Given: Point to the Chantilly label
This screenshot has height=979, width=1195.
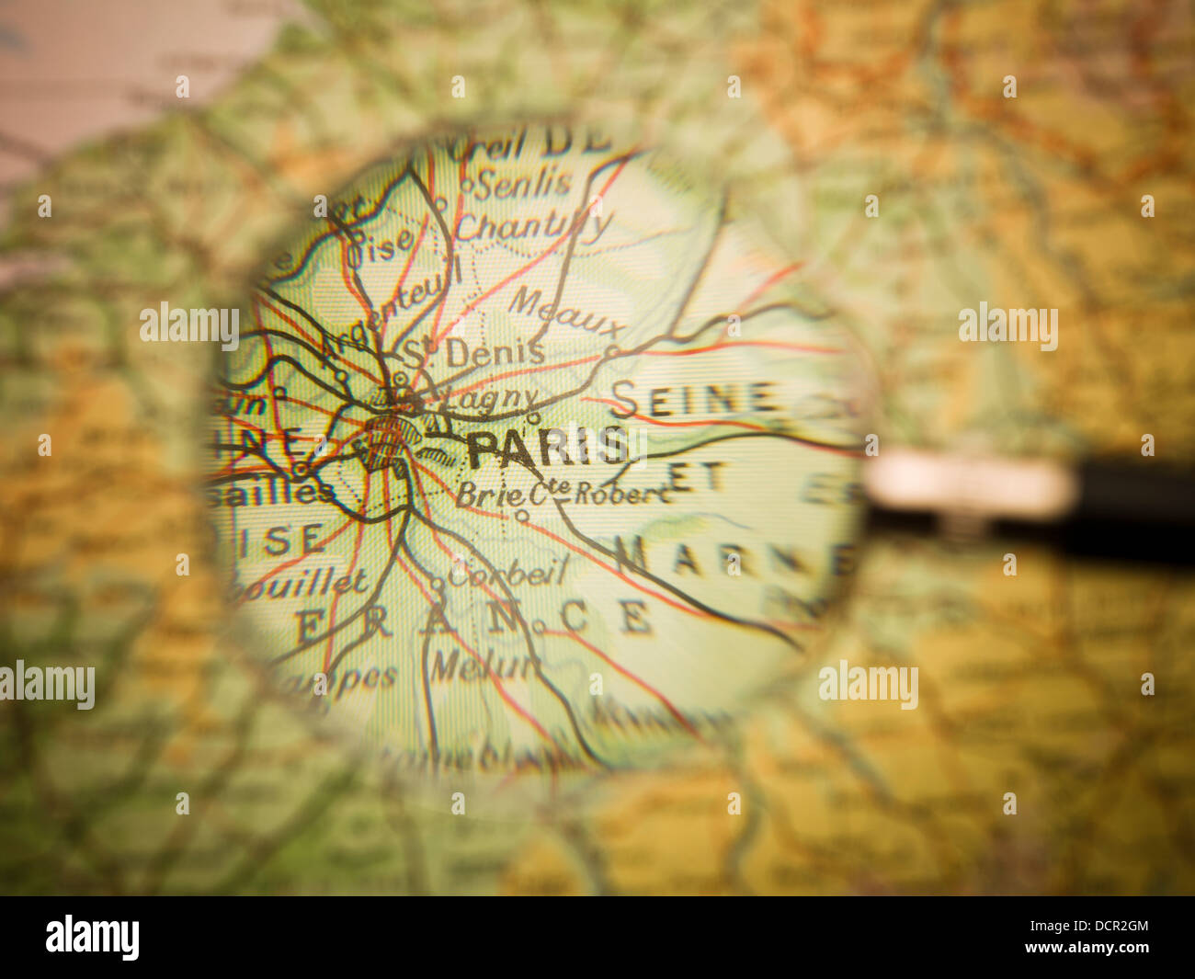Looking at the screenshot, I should tap(533, 226).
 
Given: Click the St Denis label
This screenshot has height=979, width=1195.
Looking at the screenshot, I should tap(475, 352).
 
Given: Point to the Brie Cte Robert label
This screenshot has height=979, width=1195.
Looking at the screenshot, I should tap(562, 494).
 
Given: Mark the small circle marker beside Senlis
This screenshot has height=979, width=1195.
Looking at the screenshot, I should tap(466, 186).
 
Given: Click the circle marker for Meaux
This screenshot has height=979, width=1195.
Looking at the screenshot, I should tap(611, 351).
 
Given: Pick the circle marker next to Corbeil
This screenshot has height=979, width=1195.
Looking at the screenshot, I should tap(438, 582).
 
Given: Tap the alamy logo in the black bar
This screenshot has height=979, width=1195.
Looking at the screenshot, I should tap(93, 937).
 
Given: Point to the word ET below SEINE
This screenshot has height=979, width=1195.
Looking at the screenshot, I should tap(698, 476).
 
